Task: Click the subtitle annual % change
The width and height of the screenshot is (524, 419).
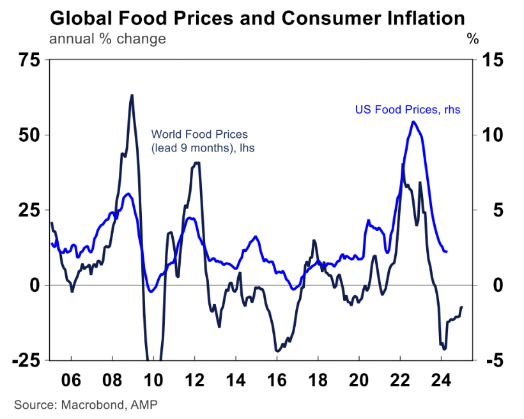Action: click(107, 38)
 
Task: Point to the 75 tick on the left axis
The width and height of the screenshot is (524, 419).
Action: click(28, 61)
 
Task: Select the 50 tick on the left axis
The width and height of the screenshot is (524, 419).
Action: click(28, 135)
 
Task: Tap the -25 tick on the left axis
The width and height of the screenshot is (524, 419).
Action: click(25, 360)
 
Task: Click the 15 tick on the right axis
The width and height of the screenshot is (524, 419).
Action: click(488, 61)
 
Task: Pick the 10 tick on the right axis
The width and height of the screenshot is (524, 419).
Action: click(488, 135)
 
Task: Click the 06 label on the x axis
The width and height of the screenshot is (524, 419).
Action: click(72, 381)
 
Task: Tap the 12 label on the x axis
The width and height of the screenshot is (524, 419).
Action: click(195, 381)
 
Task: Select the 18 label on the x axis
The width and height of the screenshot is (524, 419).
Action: click(318, 381)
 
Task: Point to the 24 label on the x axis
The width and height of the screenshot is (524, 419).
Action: click(441, 381)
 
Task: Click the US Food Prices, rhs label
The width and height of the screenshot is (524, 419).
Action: click(408, 110)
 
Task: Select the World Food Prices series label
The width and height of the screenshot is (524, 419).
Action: click(199, 141)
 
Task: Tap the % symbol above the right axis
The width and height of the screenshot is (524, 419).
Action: click(473, 39)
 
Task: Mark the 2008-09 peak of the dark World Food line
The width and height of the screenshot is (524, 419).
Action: click(131, 95)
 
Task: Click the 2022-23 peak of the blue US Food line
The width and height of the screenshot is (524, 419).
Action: click(413, 121)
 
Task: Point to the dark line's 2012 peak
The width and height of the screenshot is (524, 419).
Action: click(197, 163)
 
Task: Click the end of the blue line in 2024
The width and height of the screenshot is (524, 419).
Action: click(446, 252)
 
